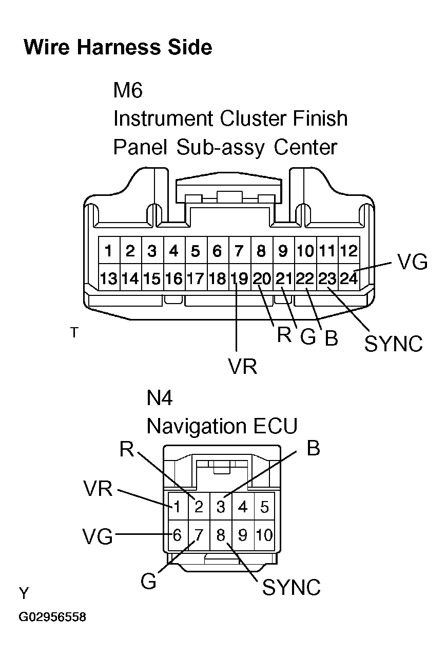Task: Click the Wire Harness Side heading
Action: pyautogui.click(x=118, y=47)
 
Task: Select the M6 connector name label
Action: pyautogui.click(x=128, y=90)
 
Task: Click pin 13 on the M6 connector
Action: pyautogui.click(x=109, y=278)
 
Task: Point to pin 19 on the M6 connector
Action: pyautogui.click(x=239, y=278)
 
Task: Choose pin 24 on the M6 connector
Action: pyautogui.click(x=349, y=278)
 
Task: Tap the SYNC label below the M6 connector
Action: pyautogui.click(x=394, y=344)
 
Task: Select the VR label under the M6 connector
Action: pyautogui.click(x=242, y=367)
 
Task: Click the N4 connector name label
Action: pyautogui.click(x=159, y=398)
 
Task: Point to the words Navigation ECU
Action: pyautogui.click(x=222, y=426)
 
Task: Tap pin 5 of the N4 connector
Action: pyautogui.click(x=265, y=507)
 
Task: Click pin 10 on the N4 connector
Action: pyautogui.click(x=265, y=535)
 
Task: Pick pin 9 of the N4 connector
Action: pyautogui.click(x=242, y=535)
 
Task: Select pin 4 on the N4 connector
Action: pyautogui.click(x=242, y=507)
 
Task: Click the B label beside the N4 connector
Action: pyautogui.click(x=313, y=448)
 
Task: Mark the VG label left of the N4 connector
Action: pyautogui.click(x=98, y=536)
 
